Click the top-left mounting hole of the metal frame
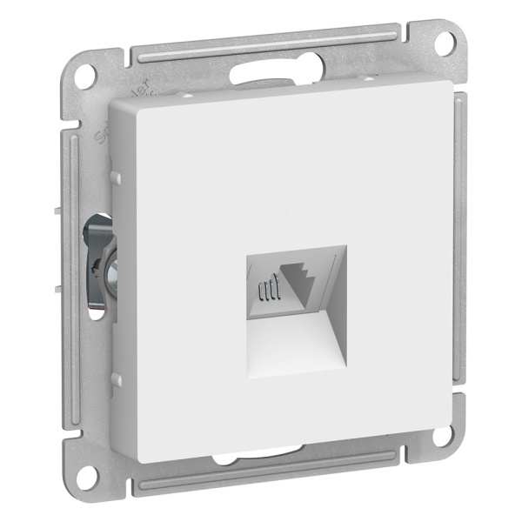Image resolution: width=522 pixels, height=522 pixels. tap(84, 75)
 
